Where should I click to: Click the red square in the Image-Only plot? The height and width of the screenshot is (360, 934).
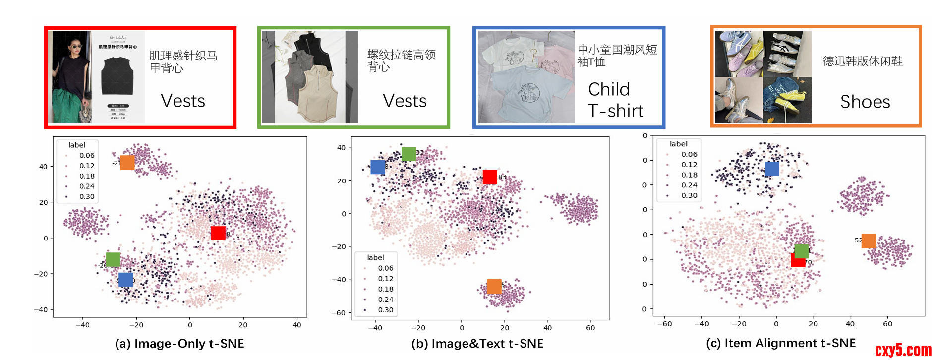tap(218, 233)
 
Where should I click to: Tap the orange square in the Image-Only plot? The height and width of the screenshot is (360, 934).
tap(127, 163)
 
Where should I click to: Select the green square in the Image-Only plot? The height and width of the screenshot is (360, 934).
tap(113, 259)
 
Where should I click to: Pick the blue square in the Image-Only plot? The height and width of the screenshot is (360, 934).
tap(125, 280)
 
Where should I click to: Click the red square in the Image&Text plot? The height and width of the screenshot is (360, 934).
tap(490, 177)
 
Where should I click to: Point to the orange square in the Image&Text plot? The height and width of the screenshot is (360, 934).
tap(494, 287)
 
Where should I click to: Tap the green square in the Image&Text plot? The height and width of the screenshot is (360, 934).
tap(409, 154)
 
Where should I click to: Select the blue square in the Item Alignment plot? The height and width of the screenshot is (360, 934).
tap(772, 169)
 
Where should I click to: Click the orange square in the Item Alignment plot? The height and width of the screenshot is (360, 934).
tap(869, 241)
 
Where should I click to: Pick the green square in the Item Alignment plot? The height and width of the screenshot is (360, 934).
tap(802, 251)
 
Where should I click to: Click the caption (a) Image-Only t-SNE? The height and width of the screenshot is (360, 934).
tap(179, 344)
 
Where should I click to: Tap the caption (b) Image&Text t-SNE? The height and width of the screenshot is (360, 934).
tap(477, 344)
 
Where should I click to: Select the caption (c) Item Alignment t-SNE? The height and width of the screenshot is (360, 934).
tap(781, 343)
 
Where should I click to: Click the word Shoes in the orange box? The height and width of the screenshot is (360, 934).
tap(865, 102)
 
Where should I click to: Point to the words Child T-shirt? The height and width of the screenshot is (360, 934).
tap(616, 100)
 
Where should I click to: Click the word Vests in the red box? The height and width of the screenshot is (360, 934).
tap(183, 101)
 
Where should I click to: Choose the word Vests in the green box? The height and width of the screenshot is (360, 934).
tap(405, 101)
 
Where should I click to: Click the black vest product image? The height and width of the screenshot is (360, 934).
tap(117, 77)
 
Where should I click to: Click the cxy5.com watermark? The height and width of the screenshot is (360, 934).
tap(903, 350)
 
